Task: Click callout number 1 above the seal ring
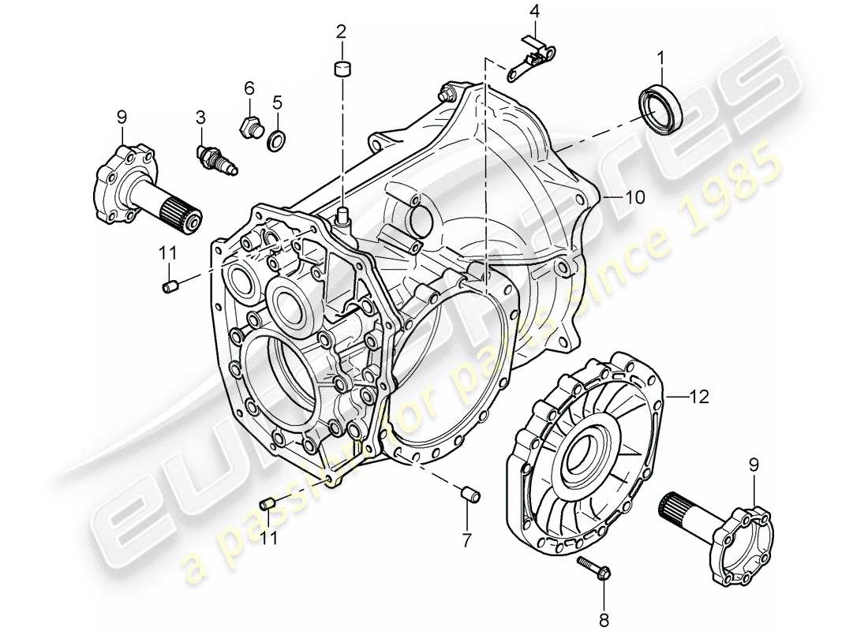click(660, 57)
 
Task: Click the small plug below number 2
click(342, 69)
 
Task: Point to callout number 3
click(201, 118)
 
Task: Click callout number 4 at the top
click(535, 12)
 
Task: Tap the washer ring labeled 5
click(278, 140)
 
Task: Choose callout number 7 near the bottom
click(466, 540)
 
